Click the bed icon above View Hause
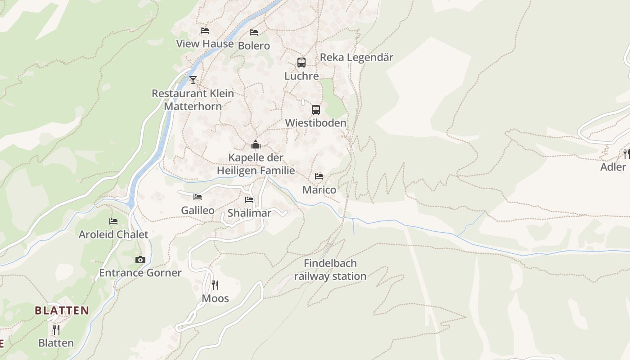point(205,31)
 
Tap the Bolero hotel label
point(254,45)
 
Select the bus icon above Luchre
point(301,63)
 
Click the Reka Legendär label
point(356,58)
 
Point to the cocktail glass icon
point(193,80)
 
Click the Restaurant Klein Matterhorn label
point(193,100)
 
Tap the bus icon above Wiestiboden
point(316,109)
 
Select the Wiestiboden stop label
point(316,123)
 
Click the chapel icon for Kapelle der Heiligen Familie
point(256,145)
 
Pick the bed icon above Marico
point(319,176)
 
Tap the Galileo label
point(198,210)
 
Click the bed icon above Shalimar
point(249,200)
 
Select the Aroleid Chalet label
point(113,234)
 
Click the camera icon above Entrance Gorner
point(140,260)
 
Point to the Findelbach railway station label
point(330,270)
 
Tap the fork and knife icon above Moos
point(215,285)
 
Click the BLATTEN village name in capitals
point(62,310)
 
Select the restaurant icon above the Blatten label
point(56,330)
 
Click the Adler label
point(613,167)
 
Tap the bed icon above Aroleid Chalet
point(113,221)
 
